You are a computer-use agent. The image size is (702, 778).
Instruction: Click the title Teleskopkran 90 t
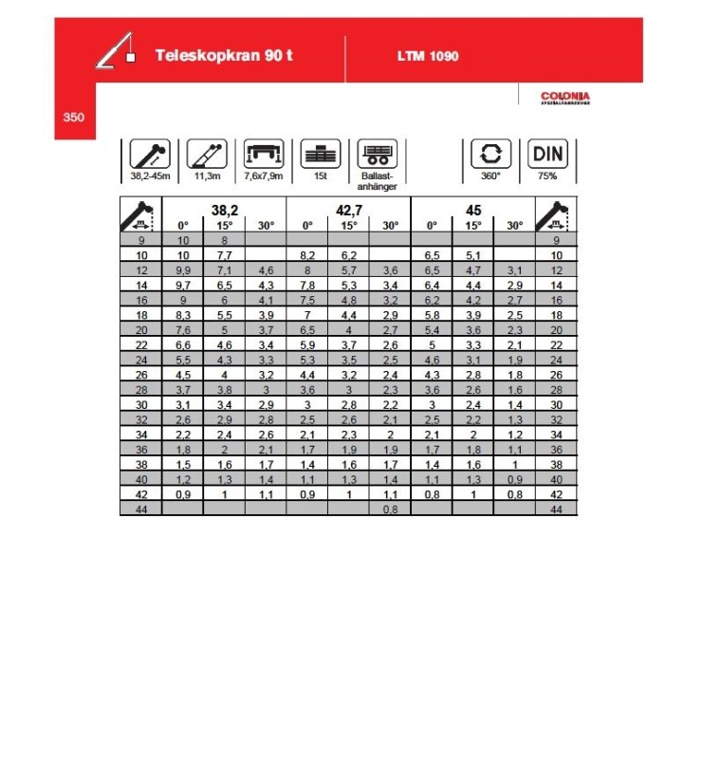(224, 55)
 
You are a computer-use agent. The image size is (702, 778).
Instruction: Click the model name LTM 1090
(428, 56)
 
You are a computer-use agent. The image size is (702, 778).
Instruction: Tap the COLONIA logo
(564, 97)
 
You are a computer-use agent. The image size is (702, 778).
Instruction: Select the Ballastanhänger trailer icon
(377, 155)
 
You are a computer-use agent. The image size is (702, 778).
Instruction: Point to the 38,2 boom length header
(224, 209)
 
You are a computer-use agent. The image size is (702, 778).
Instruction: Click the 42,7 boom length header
(348, 209)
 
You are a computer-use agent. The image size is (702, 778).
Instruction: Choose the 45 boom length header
(472, 209)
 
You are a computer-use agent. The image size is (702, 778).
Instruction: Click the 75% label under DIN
(547, 176)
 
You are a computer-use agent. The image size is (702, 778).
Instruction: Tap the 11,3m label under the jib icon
(207, 176)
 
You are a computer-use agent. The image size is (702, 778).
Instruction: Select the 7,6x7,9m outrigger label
(264, 176)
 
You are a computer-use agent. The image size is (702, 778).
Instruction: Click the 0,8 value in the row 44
(390, 509)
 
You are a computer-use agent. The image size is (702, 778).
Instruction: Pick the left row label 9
(141, 241)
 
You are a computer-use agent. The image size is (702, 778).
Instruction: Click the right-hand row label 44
(556, 509)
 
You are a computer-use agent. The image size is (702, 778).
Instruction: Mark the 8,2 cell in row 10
(307, 256)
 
